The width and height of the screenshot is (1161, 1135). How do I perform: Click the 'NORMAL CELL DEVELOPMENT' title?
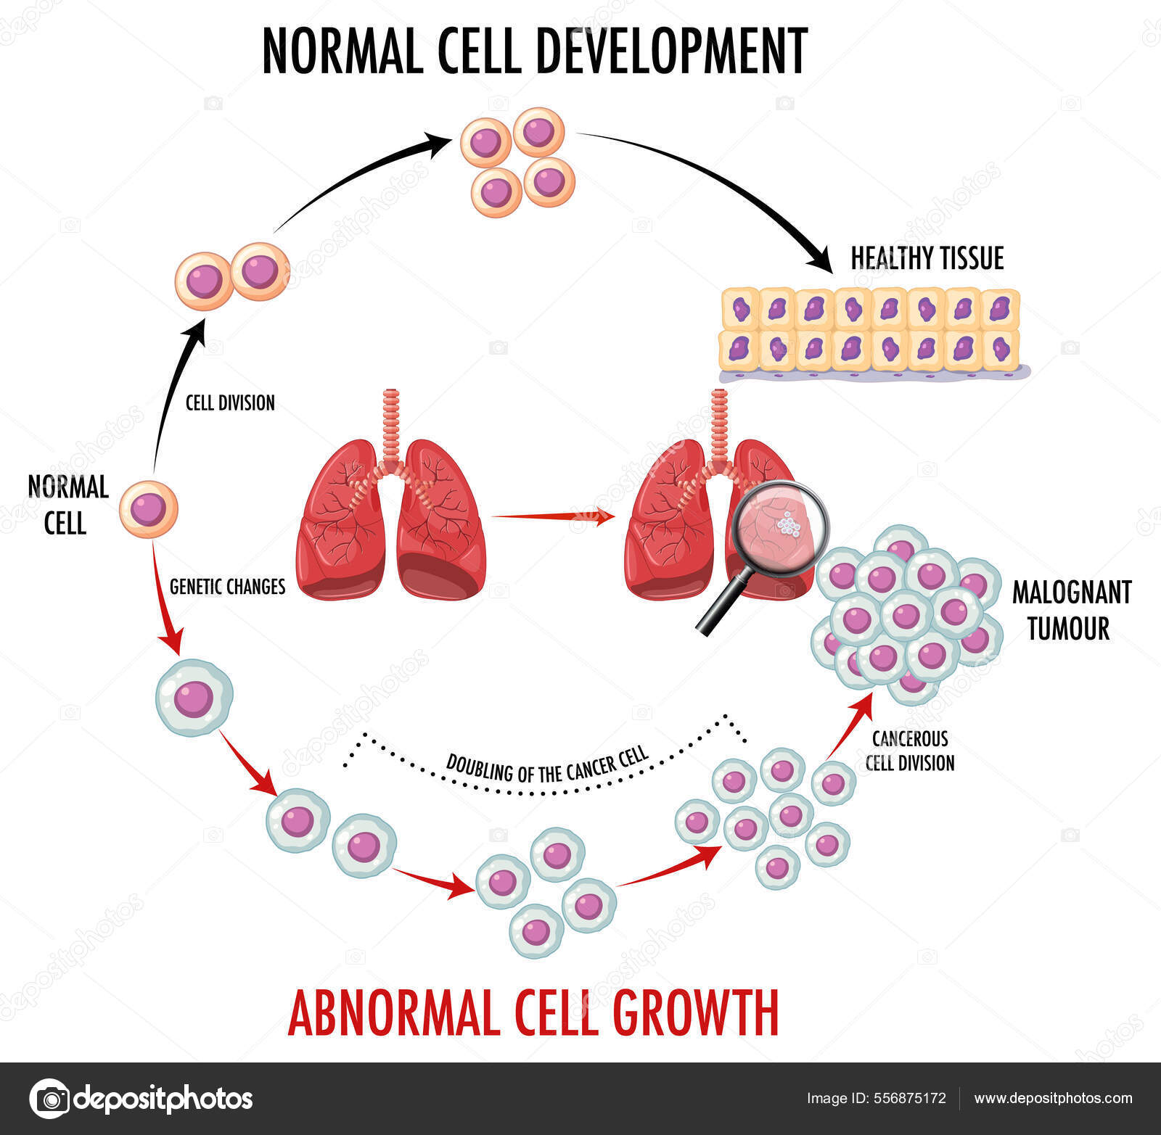tap(535, 51)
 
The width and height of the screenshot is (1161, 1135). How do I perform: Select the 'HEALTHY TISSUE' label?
tap(927, 258)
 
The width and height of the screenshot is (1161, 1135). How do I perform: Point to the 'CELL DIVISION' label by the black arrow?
tap(230, 403)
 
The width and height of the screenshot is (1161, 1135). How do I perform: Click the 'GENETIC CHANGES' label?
tap(227, 586)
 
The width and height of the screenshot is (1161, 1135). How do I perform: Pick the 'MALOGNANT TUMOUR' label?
tap(1071, 610)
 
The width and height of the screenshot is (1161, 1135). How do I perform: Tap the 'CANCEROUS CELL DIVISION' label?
tap(910, 751)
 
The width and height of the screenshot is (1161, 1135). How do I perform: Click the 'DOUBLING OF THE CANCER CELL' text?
tap(546, 767)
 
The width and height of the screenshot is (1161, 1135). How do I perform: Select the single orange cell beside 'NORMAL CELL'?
tap(149, 508)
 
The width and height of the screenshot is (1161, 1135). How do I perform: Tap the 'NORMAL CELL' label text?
tap(67, 505)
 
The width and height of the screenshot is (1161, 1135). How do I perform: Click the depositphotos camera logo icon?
tap(50, 1099)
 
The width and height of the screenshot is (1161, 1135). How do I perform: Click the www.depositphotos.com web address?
tap(1053, 1099)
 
